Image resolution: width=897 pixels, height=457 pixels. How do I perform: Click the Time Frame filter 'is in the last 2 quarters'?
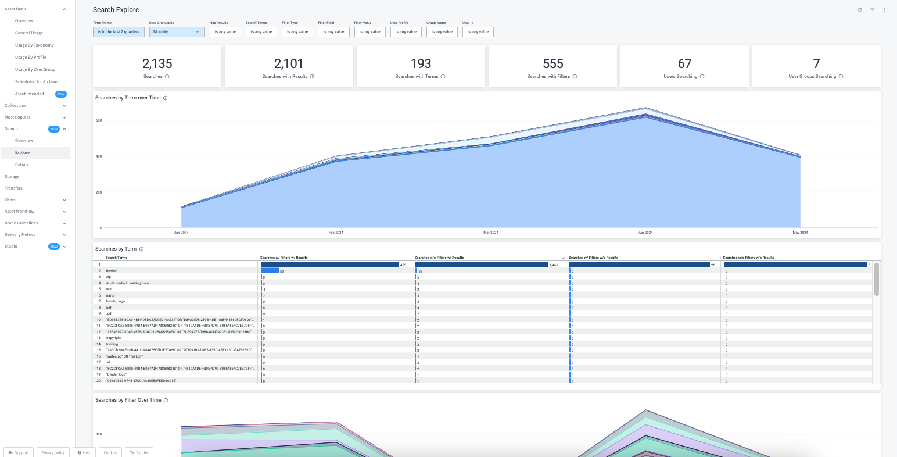pyautogui.click(x=119, y=32)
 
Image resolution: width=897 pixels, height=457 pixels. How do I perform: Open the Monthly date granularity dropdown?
pyautogui.click(x=177, y=32)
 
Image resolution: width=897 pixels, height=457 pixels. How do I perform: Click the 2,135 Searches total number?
pyautogui.click(x=157, y=64)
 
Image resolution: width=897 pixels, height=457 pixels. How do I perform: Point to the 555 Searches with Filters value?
pyautogui.click(x=552, y=64)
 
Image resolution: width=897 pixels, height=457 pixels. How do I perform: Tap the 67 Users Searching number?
pyautogui.click(x=684, y=64)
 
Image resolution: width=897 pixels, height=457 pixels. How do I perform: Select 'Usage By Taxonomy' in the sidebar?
pyautogui.click(x=34, y=45)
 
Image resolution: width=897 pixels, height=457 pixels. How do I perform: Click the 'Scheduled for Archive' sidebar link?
pyautogui.click(x=36, y=82)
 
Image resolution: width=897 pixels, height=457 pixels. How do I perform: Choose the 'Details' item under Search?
pyautogui.click(x=21, y=165)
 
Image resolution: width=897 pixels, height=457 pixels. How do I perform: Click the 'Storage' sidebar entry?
pyautogui.click(x=12, y=177)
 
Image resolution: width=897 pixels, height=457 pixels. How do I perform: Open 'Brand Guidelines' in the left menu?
pyautogui.click(x=21, y=223)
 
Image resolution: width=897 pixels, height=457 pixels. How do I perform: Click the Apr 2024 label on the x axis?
pyautogui.click(x=645, y=233)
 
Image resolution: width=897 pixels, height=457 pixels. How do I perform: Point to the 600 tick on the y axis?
pyautogui.click(x=99, y=120)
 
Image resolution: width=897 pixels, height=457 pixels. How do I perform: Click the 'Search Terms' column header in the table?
pyautogui.click(x=116, y=258)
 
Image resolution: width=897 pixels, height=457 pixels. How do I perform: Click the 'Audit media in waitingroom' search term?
pyautogui.click(x=127, y=283)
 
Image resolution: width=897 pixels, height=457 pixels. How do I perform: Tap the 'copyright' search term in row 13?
pyautogui.click(x=113, y=338)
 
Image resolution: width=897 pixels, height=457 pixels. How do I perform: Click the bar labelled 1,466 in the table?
pyautogui.click(x=482, y=265)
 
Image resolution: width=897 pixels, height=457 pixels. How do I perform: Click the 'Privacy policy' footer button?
pyautogui.click(x=53, y=452)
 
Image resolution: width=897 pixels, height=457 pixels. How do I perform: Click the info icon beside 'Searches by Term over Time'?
pyautogui.click(x=166, y=98)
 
